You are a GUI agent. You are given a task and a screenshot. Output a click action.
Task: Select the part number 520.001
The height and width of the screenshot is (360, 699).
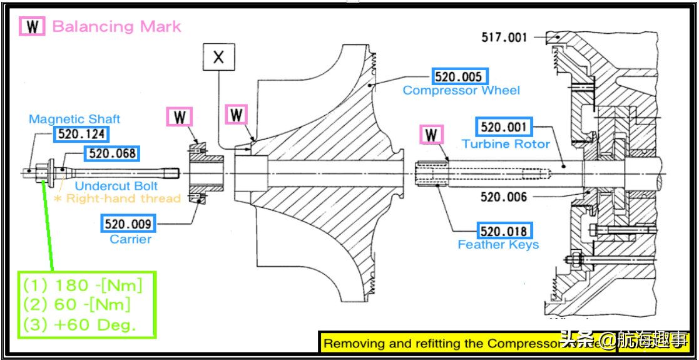point(504,127)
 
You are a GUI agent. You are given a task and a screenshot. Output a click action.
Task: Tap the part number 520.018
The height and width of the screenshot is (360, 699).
point(504,230)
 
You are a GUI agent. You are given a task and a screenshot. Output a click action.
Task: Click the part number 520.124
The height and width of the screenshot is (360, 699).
point(81,134)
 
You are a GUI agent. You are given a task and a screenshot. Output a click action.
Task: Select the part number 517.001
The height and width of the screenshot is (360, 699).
point(504,38)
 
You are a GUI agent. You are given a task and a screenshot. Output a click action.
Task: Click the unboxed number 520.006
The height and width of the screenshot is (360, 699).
point(504,197)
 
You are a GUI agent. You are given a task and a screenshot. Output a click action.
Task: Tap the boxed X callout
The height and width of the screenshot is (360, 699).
point(218,58)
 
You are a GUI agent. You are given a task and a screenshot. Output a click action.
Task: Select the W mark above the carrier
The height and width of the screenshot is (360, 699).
point(180,117)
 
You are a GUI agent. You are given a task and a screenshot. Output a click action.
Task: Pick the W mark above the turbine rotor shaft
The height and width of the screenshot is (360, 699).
point(431,135)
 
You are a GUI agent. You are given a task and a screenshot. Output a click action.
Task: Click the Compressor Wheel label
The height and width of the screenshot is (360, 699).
point(461,91)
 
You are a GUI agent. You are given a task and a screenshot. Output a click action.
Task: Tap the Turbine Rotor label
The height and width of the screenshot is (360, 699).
point(506,144)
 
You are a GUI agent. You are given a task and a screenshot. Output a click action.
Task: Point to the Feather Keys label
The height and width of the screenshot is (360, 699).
point(498,245)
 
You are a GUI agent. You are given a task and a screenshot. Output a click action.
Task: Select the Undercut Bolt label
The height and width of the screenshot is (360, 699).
point(116,186)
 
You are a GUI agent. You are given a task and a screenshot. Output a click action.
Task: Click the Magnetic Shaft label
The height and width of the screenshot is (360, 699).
point(74,119)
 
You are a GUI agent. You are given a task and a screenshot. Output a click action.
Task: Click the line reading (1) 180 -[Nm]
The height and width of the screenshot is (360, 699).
point(83,286)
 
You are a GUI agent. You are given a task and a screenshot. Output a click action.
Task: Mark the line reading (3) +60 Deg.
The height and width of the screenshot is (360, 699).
point(80,325)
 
